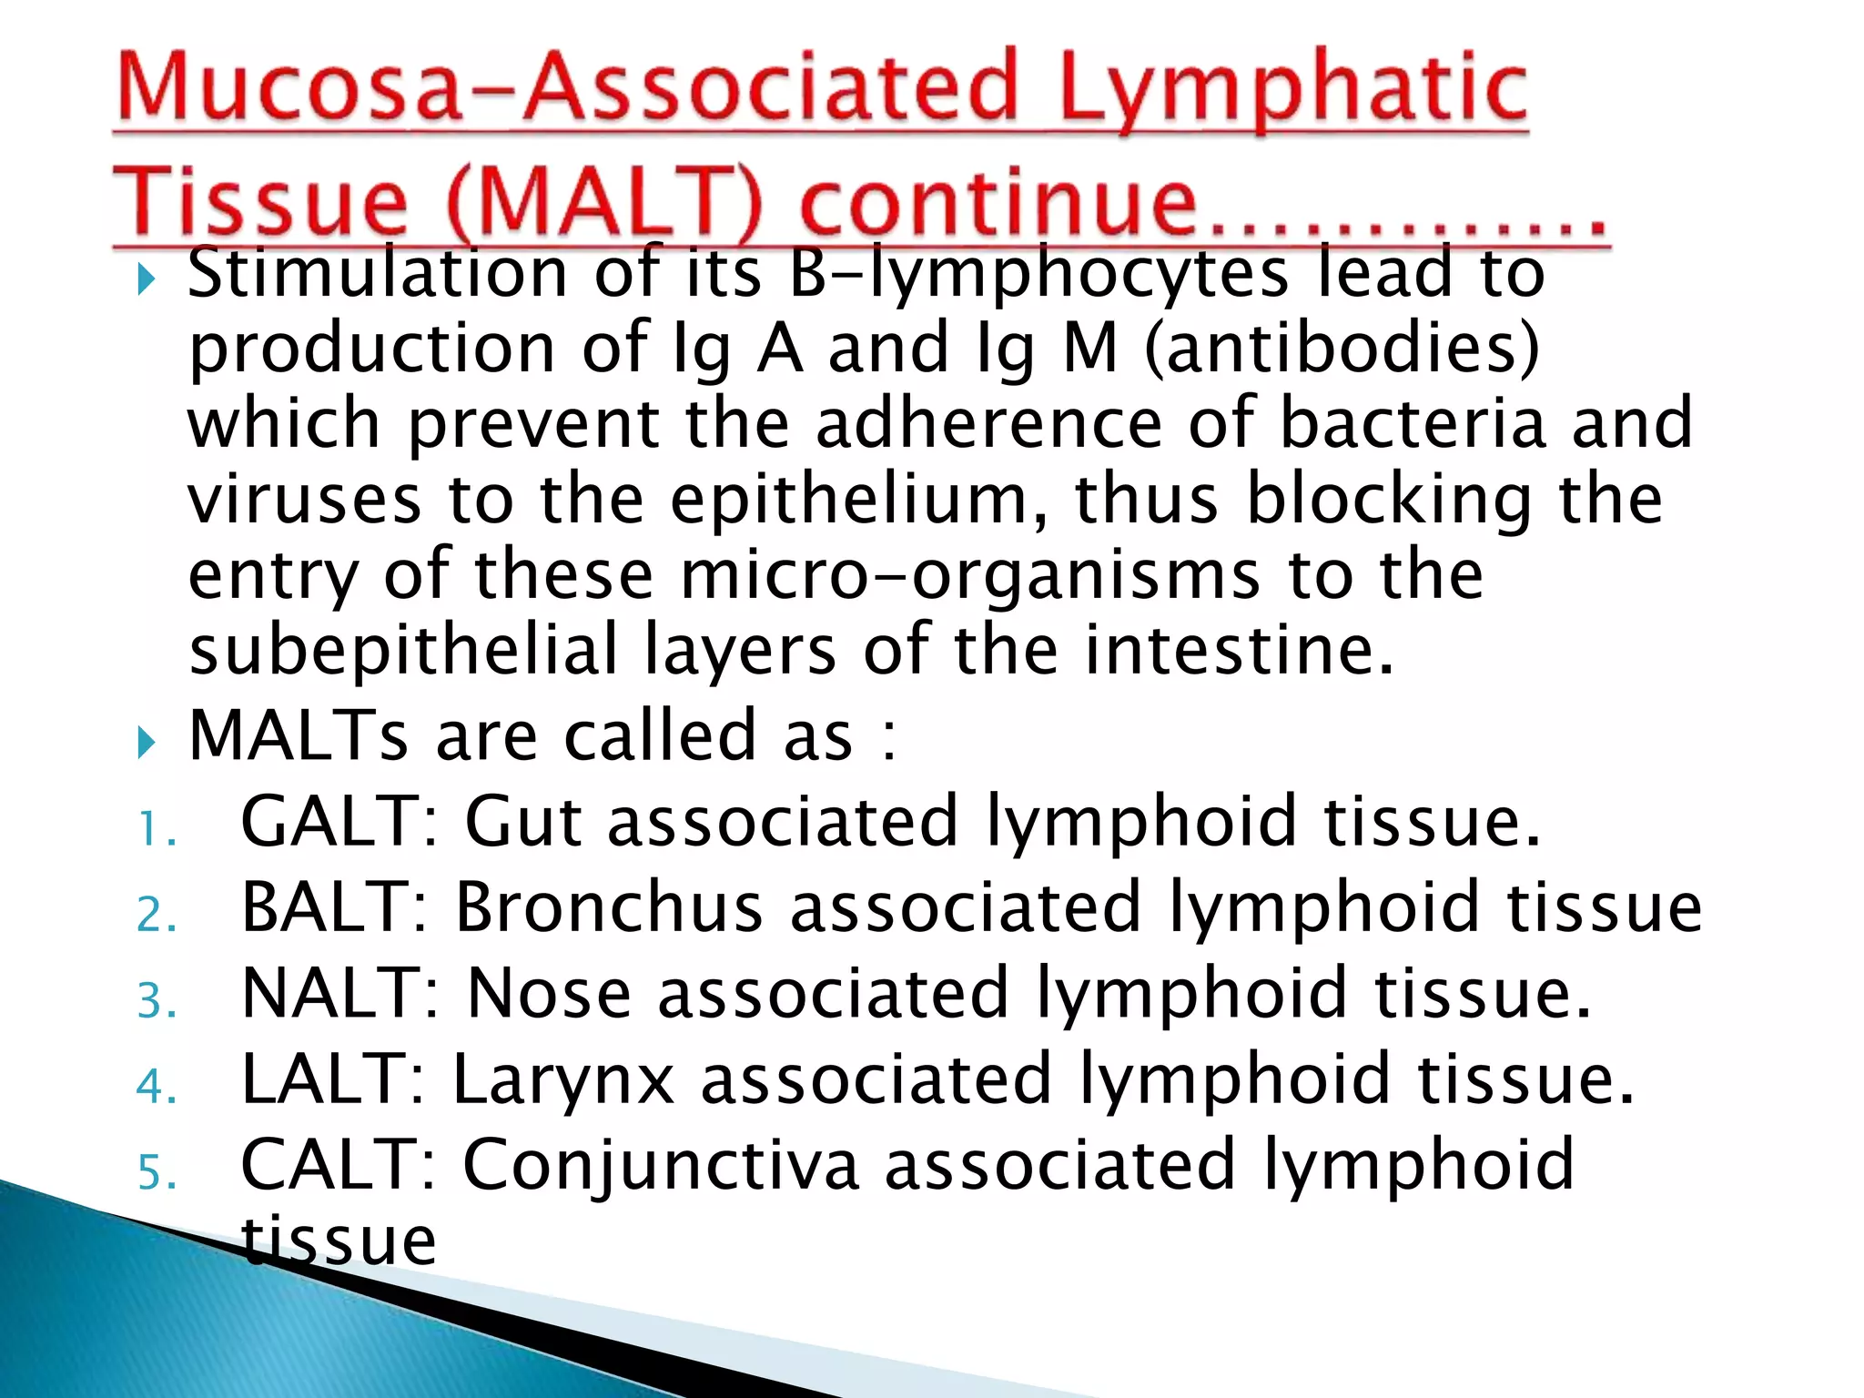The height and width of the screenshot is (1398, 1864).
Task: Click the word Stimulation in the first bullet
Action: (378, 273)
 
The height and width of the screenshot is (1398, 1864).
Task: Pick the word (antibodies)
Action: (1342, 349)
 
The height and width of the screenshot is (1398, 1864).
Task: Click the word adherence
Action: (988, 423)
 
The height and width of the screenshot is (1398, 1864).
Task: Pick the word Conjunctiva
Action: (661, 1165)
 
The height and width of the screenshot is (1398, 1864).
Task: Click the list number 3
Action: (156, 1001)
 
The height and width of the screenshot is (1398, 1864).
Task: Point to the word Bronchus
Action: (609, 907)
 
